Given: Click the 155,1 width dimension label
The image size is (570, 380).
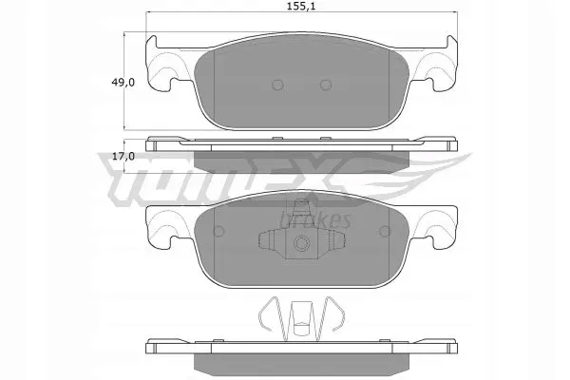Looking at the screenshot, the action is pos(301,7).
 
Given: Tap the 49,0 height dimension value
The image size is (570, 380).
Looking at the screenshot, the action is pos(123,83).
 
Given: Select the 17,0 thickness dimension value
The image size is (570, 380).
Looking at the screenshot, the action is pos(123,157).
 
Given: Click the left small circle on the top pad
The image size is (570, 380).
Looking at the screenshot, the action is pos(277,85).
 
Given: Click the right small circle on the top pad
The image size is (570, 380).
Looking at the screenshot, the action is pos(326,85).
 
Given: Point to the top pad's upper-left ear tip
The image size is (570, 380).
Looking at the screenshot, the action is pos(153,36).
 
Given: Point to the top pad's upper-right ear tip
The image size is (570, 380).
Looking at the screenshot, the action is pos(450,36).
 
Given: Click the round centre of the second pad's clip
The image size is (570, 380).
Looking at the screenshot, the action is pos(302,242).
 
